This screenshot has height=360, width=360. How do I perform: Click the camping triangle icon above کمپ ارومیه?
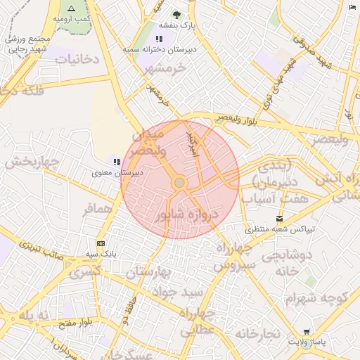click(70, 8)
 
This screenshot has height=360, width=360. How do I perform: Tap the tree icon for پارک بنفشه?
click(176, 15)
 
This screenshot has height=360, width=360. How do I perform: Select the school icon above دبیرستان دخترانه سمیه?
click(160, 39)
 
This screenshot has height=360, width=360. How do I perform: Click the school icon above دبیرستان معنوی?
click(117, 162)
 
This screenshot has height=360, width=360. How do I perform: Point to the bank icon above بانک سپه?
click(101, 243)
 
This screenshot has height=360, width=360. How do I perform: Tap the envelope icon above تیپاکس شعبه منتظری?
click(281, 219)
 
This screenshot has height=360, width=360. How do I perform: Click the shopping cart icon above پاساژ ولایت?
click(307, 332)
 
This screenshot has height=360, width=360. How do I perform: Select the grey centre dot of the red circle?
click(179, 183)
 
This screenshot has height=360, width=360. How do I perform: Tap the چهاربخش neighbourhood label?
click(29, 163)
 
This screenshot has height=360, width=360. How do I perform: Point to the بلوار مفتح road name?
click(71, 322)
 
